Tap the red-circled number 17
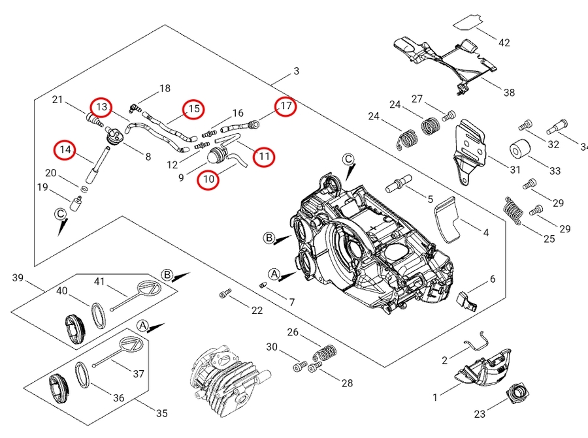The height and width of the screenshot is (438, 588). click(286, 106)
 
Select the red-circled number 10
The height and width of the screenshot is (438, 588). click(208, 179)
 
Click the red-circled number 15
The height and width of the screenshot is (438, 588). click(193, 109)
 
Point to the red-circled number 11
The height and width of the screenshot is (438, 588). click(264, 157)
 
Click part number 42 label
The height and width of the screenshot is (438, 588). click(504, 43)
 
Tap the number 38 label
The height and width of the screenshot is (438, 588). click(509, 93)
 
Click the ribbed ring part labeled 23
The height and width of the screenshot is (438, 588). click(519, 394)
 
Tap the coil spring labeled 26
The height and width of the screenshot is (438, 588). click(323, 354)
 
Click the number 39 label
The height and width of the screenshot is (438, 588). click(18, 279)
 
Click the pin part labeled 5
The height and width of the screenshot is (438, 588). click(400, 183)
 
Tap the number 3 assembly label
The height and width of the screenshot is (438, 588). click(296, 71)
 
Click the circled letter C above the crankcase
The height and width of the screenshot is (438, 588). click(348, 159)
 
